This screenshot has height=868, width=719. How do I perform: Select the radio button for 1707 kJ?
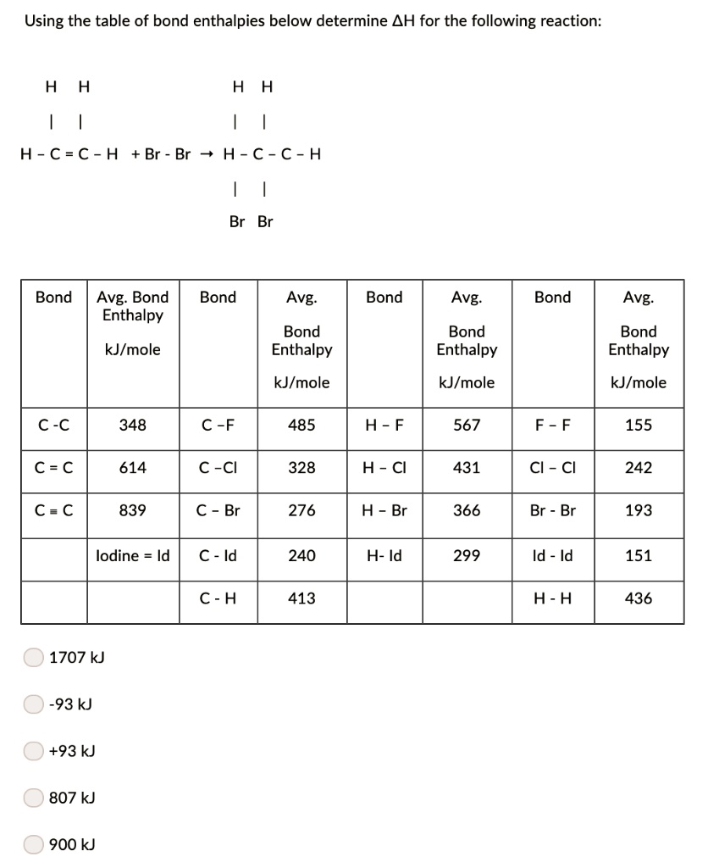point(33,657)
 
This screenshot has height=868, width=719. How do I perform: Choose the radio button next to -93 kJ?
point(33,704)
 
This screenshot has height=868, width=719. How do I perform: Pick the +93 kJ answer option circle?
point(33,750)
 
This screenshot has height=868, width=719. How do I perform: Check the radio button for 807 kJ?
point(33,798)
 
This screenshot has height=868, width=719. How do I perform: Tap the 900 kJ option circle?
point(33,844)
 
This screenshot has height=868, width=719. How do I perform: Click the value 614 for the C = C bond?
point(132,467)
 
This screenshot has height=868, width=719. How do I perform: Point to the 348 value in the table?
point(132,425)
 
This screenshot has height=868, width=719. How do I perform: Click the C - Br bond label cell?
point(218,510)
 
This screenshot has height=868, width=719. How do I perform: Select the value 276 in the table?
point(301,510)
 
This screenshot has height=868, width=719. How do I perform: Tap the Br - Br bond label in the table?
point(552,510)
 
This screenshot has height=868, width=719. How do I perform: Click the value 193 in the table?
point(638,510)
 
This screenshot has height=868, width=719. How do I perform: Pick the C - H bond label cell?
point(218,598)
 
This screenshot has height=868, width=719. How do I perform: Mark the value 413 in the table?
point(301,598)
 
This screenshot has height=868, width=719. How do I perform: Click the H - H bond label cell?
point(552,598)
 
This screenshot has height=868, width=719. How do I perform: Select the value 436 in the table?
point(638,598)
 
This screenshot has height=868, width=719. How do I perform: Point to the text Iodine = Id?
point(133,555)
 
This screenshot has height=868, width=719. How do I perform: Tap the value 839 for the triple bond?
point(132,510)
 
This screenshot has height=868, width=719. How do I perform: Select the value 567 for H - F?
point(467,425)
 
